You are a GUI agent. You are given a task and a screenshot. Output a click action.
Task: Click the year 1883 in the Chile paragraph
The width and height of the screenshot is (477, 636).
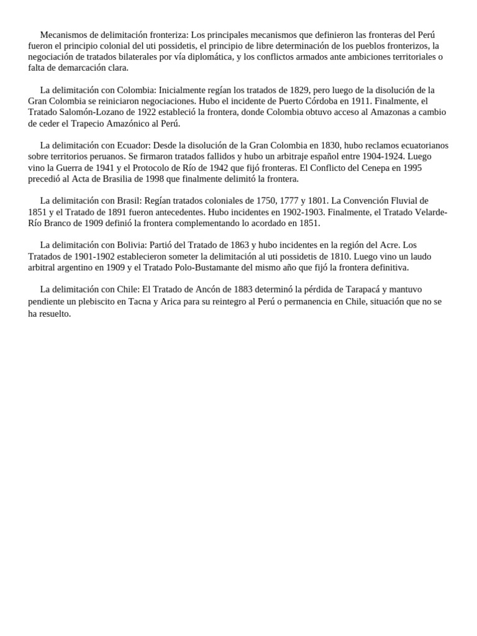pyautogui.click(x=226, y=289)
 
